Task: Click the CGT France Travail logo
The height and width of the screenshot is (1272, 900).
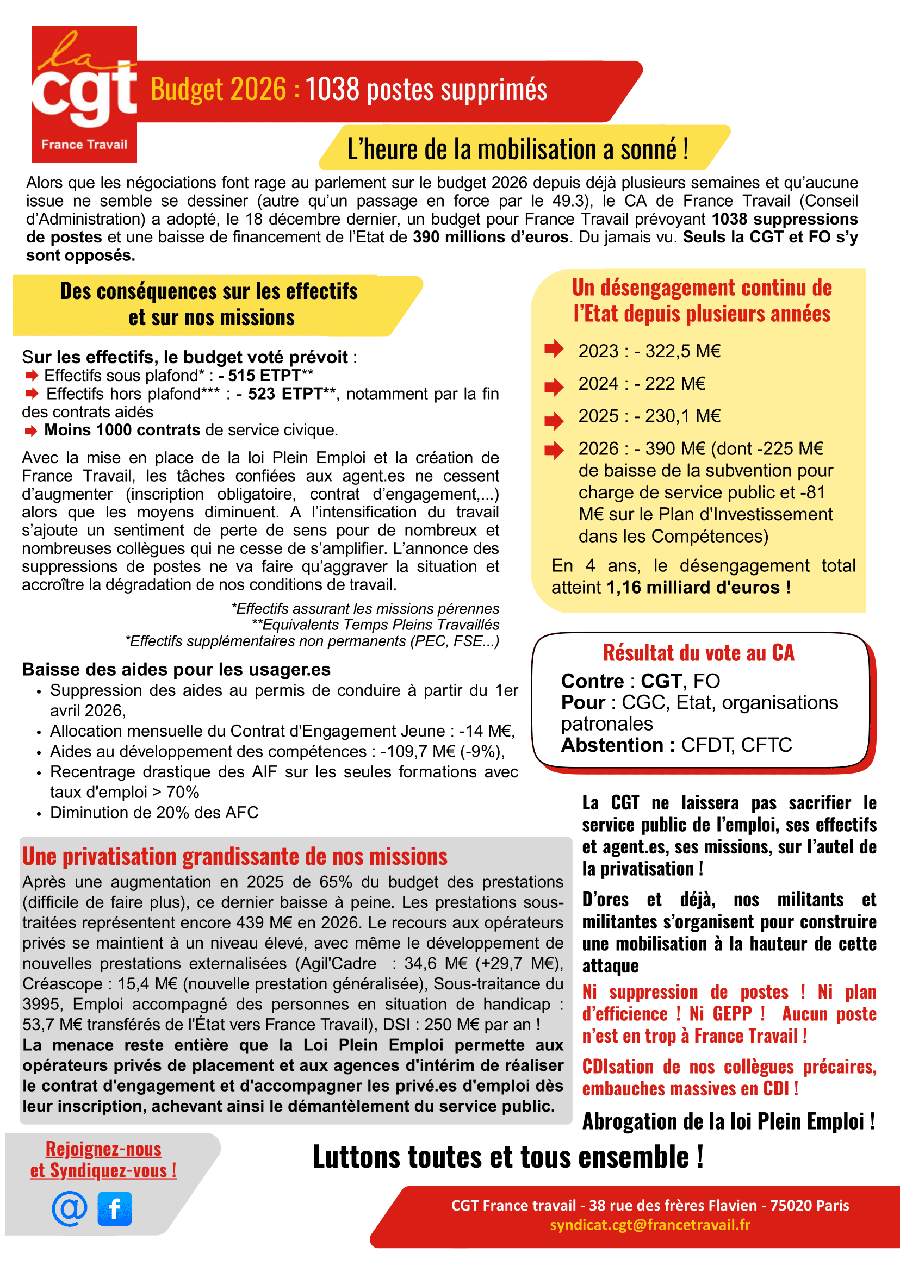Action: [x=84, y=94]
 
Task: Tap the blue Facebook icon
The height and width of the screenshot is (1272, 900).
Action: [x=115, y=1208]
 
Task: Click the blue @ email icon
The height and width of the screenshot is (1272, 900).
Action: [x=70, y=1208]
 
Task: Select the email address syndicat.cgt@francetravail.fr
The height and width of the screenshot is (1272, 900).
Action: [x=650, y=1224]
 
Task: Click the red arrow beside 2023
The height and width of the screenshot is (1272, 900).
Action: [x=554, y=349]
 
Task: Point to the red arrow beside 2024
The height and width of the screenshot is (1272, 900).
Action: [x=554, y=386]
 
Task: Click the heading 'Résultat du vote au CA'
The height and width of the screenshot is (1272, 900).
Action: [x=698, y=653]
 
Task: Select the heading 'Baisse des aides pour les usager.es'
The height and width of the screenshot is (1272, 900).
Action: [x=176, y=669]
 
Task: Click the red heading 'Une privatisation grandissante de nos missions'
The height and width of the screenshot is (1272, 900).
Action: [x=234, y=857]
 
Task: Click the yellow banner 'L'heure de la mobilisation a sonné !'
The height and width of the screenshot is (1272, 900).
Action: [x=518, y=149]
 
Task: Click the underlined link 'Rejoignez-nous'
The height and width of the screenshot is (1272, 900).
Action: [x=104, y=1149]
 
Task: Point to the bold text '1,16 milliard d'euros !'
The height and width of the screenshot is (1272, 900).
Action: [x=699, y=587]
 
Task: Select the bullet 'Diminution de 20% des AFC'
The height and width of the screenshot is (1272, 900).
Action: [x=154, y=813]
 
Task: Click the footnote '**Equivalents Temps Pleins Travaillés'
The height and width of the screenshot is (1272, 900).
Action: [x=375, y=625]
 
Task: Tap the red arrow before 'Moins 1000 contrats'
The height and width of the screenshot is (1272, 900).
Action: [x=31, y=431]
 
